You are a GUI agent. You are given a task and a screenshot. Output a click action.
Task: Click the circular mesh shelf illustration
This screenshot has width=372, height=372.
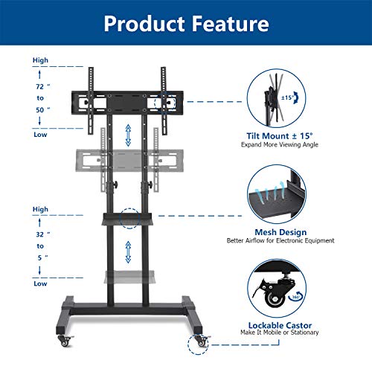(282, 195)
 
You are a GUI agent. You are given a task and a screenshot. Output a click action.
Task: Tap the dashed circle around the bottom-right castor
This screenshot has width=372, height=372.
(199, 344)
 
